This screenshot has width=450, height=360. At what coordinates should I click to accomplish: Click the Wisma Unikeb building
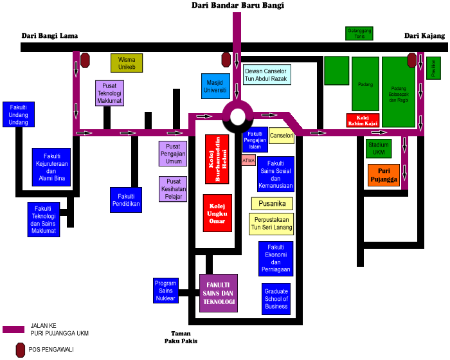coord(127,63)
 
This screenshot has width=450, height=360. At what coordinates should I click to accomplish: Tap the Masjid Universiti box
coord(215,87)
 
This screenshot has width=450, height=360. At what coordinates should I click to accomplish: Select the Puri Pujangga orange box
coord(384,175)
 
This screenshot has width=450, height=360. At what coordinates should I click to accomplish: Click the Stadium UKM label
coord(379,148)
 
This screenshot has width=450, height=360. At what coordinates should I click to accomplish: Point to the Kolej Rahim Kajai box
coord(362,120)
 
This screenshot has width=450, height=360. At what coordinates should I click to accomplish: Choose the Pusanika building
coord(272,204)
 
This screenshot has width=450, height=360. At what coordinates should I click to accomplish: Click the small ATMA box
coord(248,160)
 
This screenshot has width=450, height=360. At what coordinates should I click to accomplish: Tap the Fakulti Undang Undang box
coord(19,114)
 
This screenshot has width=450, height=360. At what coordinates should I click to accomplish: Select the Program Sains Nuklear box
coord(165,291)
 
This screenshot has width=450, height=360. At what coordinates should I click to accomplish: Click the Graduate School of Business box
coord(276,298)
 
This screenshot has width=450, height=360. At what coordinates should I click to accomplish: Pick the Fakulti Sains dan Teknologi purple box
coord(219,293)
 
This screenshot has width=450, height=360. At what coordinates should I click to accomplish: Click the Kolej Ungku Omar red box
coord(217,213)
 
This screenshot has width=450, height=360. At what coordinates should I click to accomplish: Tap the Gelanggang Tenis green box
coord(359,33)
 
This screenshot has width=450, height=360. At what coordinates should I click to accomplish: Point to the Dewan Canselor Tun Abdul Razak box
coord(266,75)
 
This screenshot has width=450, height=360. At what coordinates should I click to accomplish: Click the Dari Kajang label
coord(424,36)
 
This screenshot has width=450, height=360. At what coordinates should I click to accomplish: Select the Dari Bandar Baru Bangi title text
coord(238,5)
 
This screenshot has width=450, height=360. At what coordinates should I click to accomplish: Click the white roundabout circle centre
coord(237,117)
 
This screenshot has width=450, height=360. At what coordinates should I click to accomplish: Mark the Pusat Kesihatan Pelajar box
coord(172,190)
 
